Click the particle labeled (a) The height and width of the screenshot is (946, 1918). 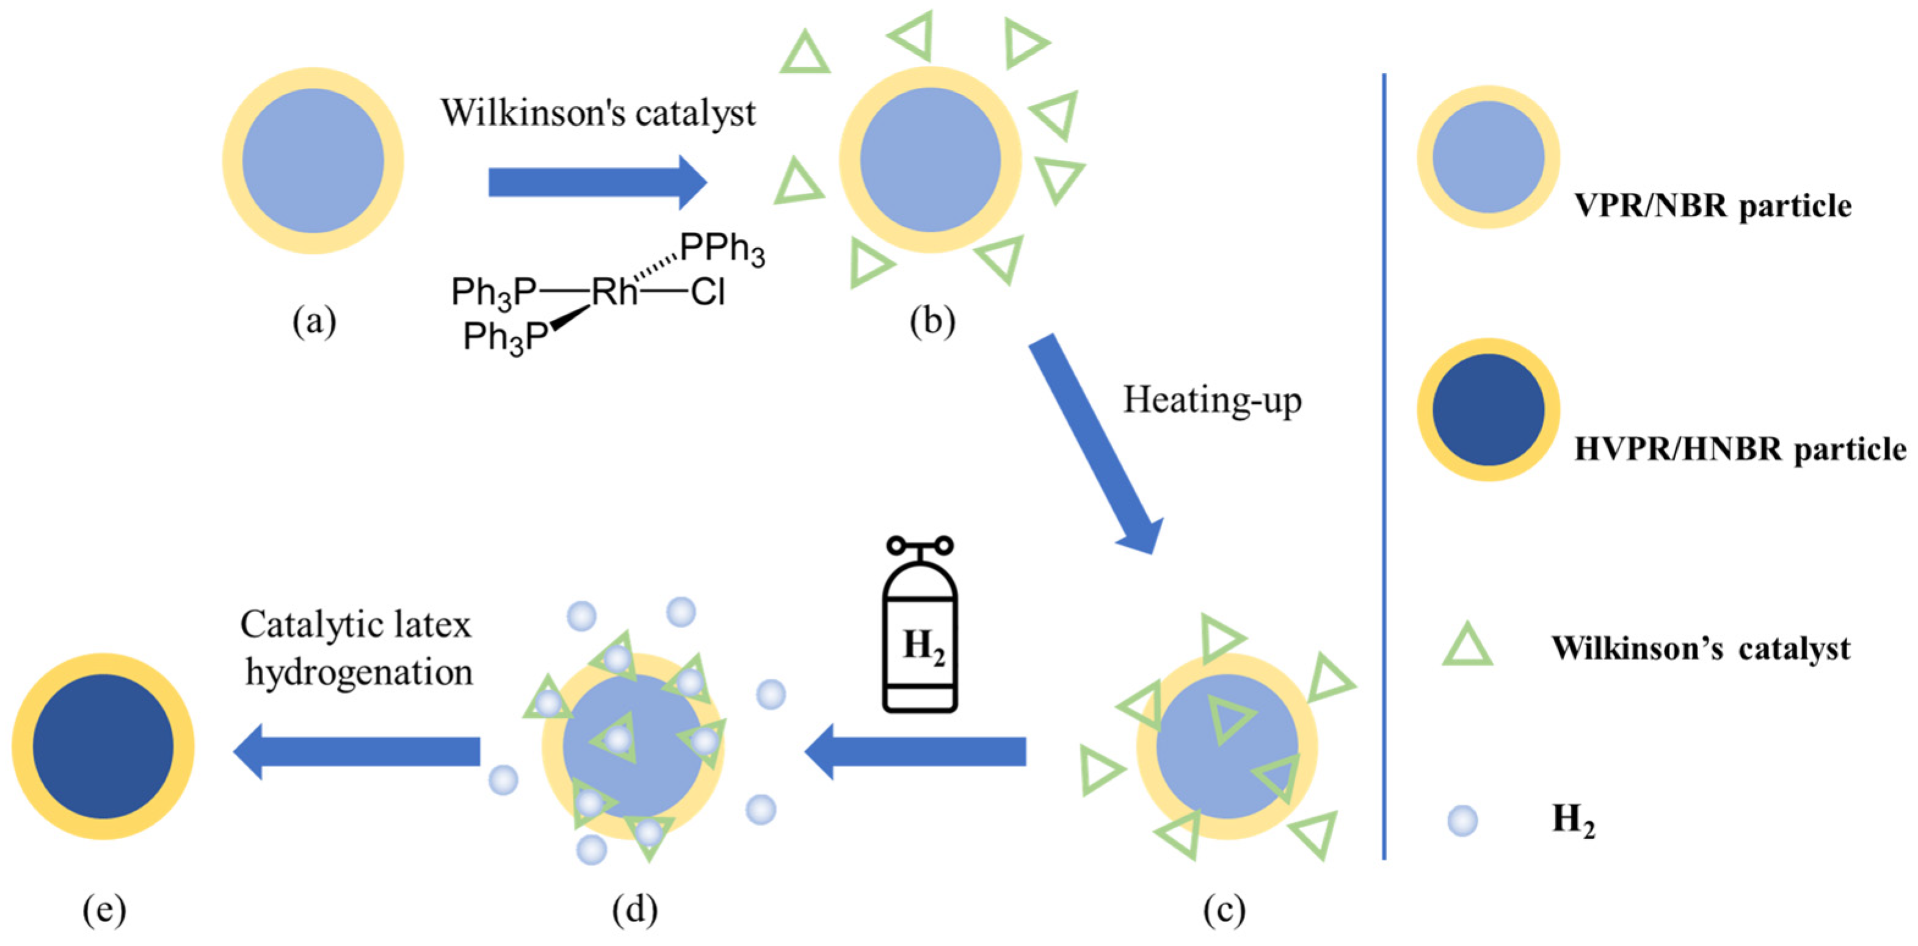pos(313,160)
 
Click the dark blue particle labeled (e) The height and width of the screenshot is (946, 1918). pos(103,746)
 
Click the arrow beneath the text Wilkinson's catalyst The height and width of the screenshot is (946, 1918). pos(595,182)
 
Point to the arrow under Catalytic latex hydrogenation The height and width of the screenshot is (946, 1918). pos(357,751)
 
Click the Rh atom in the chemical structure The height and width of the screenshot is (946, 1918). pos(614,292)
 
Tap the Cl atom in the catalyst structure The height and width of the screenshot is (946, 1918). pos(707,292)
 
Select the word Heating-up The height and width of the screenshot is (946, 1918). pos(1212,400)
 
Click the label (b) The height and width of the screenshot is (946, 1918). pos(932,322)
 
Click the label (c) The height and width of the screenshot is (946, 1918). pos(1225,909)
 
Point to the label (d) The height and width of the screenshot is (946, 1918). pos(634,909)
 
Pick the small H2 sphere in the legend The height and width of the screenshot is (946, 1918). pos(1462,821)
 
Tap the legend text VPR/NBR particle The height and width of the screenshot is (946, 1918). pos(1712,206)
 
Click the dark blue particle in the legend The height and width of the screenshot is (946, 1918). pos(1488,410)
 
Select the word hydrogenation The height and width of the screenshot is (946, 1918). pos(359,672)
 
